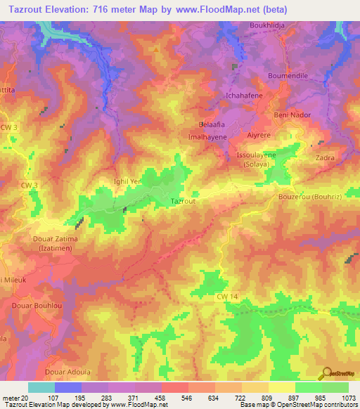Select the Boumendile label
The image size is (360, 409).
[x=289, y=75]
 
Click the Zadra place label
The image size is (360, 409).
[x=326, y=158]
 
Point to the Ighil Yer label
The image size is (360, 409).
[x=128, y=181]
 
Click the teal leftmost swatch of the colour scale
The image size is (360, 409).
[x=41, y=387]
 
